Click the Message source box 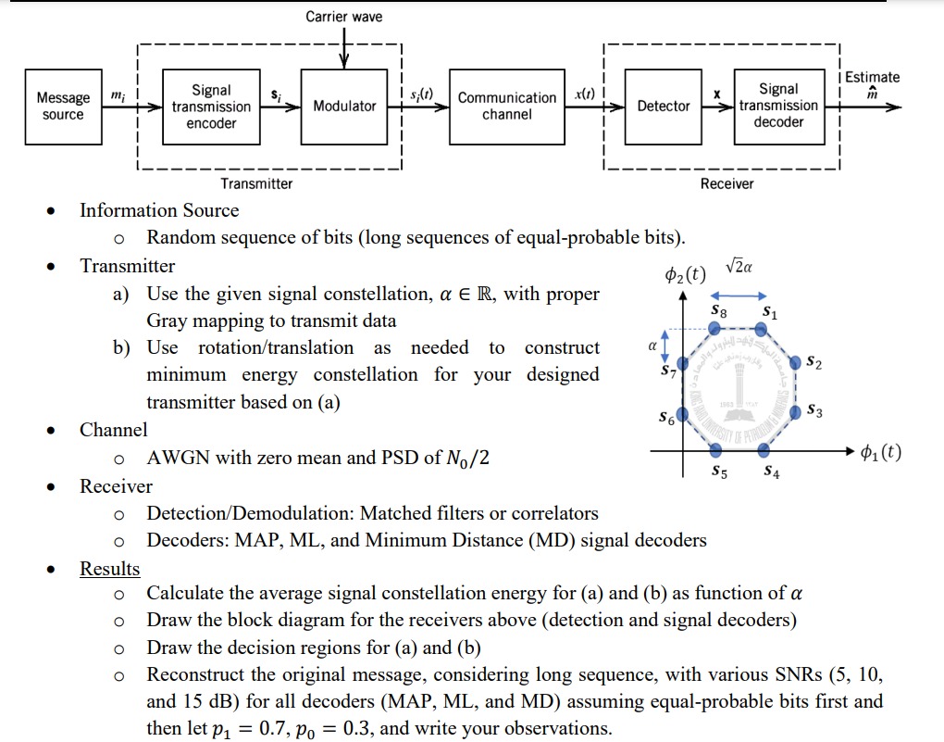63,107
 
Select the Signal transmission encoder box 211,107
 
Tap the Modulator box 344,107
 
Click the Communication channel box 507,107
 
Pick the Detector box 664,107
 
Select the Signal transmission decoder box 778,107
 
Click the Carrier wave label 343,17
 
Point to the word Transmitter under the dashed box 256,183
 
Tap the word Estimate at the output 873,78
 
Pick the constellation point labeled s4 764,450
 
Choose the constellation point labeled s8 718,328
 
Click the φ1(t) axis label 880,453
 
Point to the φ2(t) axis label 685,275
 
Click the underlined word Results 109,569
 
